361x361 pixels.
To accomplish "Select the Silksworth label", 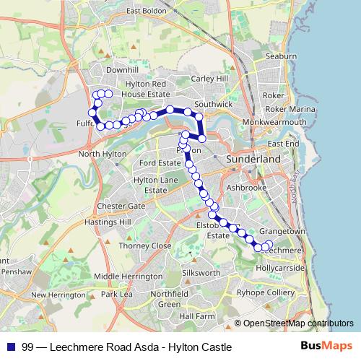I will click(201, 273).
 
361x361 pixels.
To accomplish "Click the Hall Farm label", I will click(197, 316).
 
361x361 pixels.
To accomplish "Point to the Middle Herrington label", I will click(126, 276).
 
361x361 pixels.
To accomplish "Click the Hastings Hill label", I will click(104, 222).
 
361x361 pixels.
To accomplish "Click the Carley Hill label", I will click(209, 78).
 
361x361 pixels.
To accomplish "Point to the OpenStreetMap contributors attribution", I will click(298, 323).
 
